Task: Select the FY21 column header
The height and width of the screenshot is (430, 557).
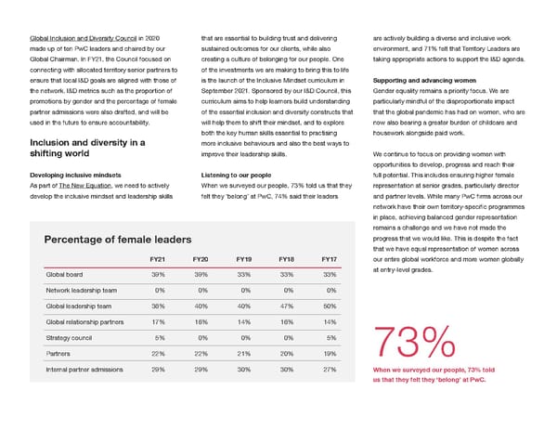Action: pos(158,259)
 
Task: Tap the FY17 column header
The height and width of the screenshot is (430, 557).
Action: pos(328,259)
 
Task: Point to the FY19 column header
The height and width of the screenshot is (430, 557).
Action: pos(243,259)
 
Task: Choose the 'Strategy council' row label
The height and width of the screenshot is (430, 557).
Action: pos(71,337)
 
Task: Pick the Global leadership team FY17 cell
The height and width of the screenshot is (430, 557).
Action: pos(328,306)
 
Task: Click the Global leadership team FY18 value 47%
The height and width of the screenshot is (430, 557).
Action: pos(286,306)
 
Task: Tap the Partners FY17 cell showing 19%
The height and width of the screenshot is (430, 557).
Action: pos(328,353)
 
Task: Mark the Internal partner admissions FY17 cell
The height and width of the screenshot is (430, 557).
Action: pos(328,369)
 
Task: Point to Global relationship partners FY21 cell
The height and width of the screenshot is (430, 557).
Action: pos(158,321)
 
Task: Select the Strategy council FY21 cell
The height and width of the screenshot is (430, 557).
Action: pos(160,337)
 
